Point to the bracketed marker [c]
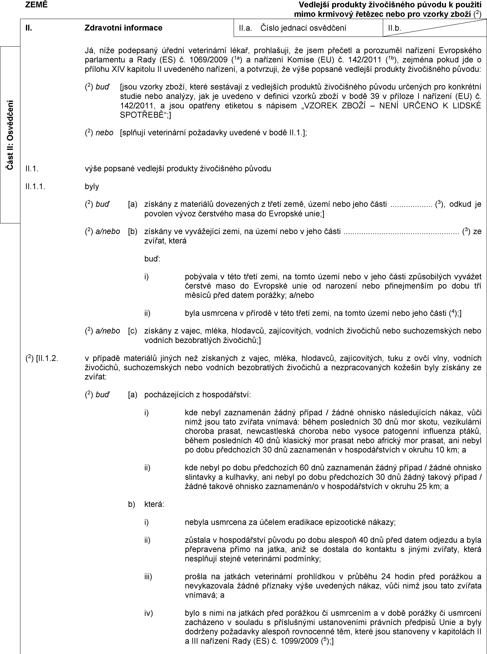(x=132, y=331)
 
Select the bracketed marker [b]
(x=132, y=231)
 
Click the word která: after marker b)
(x=154, y=504)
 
